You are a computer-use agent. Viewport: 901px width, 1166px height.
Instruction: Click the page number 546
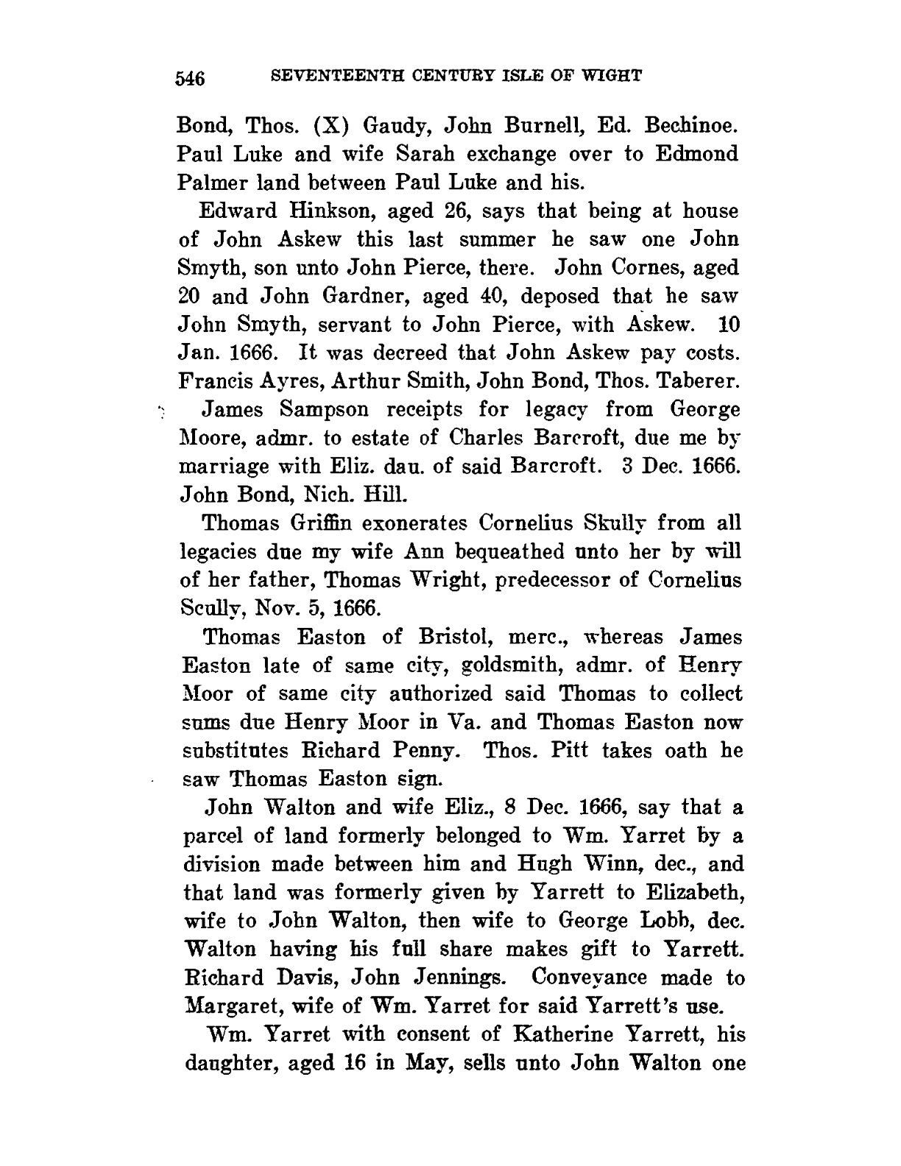point(194,78)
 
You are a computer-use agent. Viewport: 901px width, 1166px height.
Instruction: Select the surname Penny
point(428,751)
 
